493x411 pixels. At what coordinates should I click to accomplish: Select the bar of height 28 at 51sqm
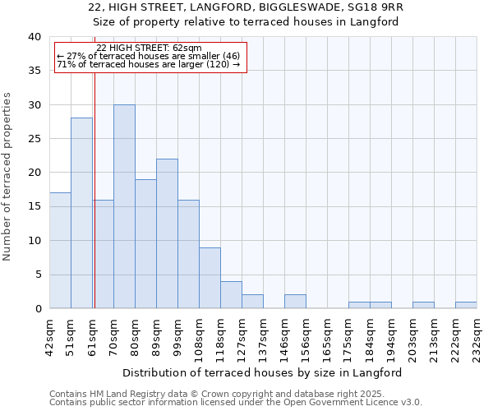(x=81, y=213)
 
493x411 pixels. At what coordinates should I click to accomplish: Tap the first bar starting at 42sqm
(x=60, y=251)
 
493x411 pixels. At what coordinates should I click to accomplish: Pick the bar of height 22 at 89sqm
(x=167, y=233)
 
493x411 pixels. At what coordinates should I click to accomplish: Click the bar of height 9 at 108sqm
(x=210, y=278)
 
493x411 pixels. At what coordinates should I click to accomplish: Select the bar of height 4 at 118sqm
(x=231, y=295)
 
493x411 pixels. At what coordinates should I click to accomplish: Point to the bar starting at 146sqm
(x=295, y=302)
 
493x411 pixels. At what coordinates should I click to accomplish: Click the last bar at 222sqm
(x=466, y=305)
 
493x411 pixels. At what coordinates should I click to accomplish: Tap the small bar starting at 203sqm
(x=423, y=305)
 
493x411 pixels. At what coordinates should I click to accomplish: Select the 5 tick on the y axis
(x=37, y=275)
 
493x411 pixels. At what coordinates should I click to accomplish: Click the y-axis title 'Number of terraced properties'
(x=7, y=176)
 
